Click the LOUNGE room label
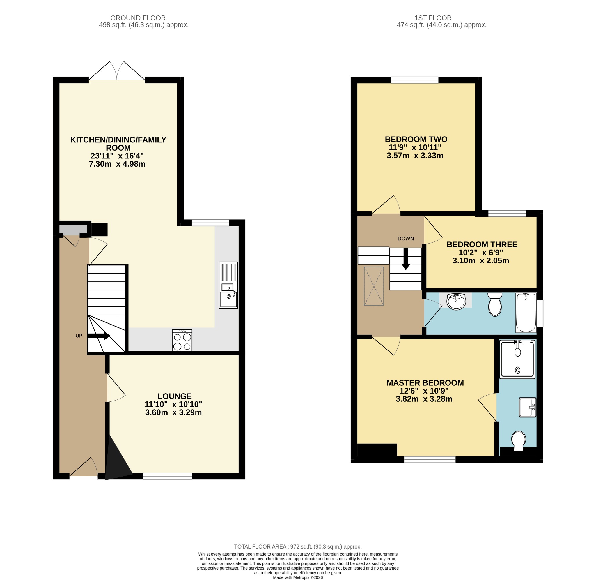click(x=174, y=396)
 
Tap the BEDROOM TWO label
click(x=416, y=139)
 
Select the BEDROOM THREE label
click(x=482, y=244)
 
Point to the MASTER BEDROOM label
click(x=425, y=382)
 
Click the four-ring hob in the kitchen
click(x=182, y=341)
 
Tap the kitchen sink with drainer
click(x=228, y=285)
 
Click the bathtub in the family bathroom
click(x=526, y=313)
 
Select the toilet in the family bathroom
click(x=495, y=305)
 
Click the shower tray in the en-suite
click(x=517, y=360)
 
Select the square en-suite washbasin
click(x=528, y=407)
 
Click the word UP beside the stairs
click(x=79, y=336)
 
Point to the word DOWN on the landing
click(x=406, y=239)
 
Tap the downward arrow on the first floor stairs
click(x=406, y=259)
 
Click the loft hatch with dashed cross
click(x=374, y=286)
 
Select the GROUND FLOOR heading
click(x=138, y=18)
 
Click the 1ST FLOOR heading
click(x=433, y=18)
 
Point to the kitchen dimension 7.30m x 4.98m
click(x=117, y=164)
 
